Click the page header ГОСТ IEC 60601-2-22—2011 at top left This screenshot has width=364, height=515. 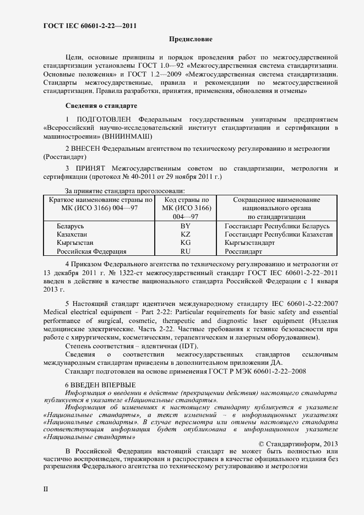click(x=90, y=26)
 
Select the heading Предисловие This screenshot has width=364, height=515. click(x=189, y=40)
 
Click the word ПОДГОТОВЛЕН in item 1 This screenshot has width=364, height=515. click(x=105, y=119)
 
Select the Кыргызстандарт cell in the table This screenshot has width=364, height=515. click(x=249, y=243)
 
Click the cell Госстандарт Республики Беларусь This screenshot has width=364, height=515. click(x=277, y=226)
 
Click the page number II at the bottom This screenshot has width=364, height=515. click(x=46, y=488)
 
